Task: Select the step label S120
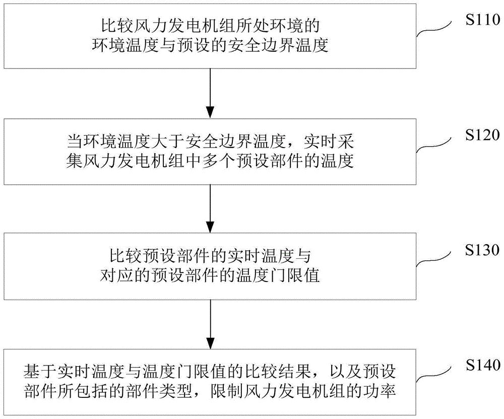pos(481,135)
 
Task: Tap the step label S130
pos(481,250)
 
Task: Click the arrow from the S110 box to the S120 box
pos(210,93)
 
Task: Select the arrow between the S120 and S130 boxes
pos(210,208)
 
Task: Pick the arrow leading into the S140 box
pos(210,322)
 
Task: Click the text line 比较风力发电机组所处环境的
pos(210,24)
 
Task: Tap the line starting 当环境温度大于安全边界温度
pos(210,139)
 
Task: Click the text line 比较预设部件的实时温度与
pos(210,254)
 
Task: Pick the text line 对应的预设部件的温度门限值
pos(210,276)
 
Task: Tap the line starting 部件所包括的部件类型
pos(210,391)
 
